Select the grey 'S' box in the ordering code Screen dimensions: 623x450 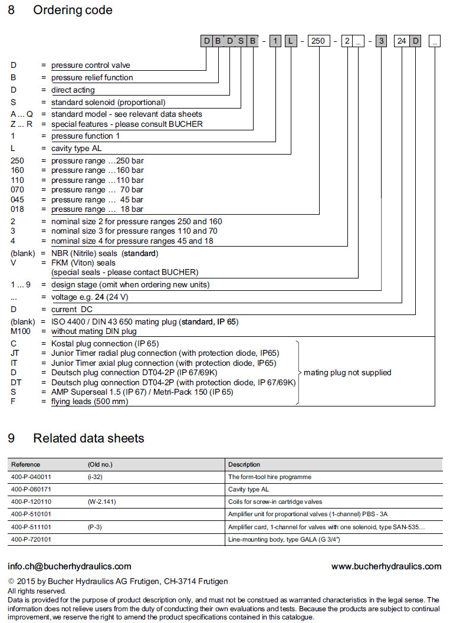[x=241, y=41]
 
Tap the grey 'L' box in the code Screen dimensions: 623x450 [x=291, y=41]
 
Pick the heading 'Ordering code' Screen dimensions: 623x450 [x=73, y=10]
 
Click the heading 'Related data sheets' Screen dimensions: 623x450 [x=88, y=438]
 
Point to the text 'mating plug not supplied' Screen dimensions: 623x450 [x=347, y=372]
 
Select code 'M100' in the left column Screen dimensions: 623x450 [x=21, y=331]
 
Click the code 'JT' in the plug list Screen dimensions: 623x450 [x=15, y=353]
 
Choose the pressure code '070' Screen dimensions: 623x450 [x=18, y=189]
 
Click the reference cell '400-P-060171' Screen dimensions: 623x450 [x=31, y=489]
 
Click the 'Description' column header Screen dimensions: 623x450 [x=244, y=464]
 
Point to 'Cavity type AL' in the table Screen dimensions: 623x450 [x=248, y=489]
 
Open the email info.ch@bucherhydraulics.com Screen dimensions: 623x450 [x=69, y=566]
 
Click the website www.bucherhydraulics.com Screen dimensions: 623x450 [x=386, y=566]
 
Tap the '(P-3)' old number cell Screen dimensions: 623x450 [x=95, y=526]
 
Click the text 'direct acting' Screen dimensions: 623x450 [x=73, y=90]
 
